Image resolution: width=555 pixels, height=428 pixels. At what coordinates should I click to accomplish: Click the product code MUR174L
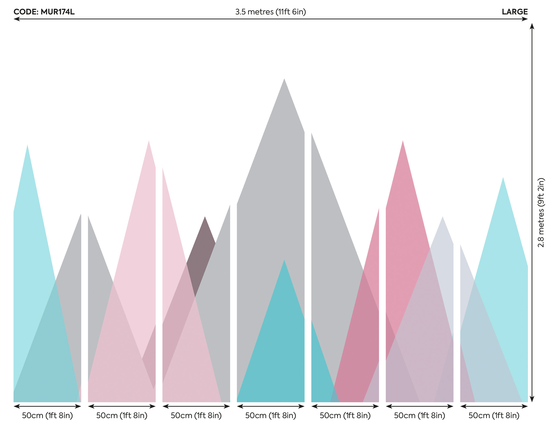pyautogui.click(x=44, y=12)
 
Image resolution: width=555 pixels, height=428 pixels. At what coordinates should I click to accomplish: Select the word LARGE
pyautogui.click(x=515, y=12)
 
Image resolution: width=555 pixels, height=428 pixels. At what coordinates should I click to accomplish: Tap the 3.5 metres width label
pyautogui.click(x=270, y=12)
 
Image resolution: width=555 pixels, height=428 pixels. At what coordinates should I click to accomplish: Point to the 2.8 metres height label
pyautogui.click(x=541, y=212)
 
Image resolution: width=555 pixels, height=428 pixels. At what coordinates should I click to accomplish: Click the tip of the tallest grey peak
pyautogui.click(x=284, y=79)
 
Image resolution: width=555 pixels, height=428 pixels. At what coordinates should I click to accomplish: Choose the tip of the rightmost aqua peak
pyautogui.click(x=503, y=178)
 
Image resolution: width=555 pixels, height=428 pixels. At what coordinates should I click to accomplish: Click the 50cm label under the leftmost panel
pyautogui.click(x=47, y=416)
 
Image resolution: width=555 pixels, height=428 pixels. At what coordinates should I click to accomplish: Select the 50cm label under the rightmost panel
pyautogui.click(x=494, y=416)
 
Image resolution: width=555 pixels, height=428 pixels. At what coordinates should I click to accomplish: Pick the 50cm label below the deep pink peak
pyautogui.click(x=420, y=416)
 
